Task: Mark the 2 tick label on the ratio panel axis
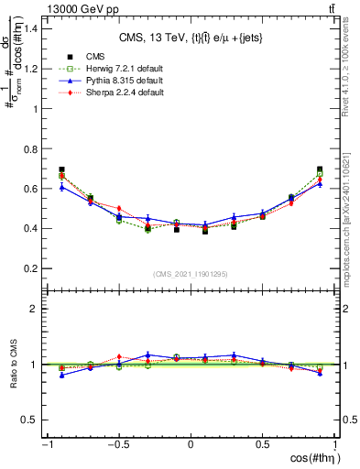(38, 309)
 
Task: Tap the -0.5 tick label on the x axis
(118, 445)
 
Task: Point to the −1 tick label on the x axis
(46, 445)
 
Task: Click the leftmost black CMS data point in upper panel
(61, 169)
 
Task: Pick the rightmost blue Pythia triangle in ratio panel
(320, 373)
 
